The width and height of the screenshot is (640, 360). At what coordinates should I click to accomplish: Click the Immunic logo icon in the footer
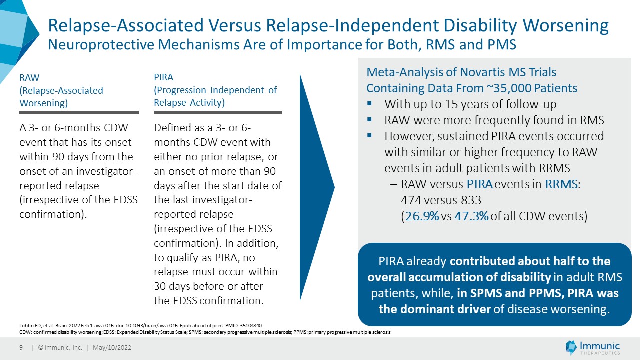point(571,347)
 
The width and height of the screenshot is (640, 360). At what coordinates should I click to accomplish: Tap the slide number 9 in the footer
point(21,347)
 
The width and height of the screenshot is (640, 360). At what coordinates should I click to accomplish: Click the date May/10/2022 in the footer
point(112,347)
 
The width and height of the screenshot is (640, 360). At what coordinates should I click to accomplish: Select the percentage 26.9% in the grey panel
point(422,216)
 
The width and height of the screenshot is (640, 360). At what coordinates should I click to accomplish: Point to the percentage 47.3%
point(471,216)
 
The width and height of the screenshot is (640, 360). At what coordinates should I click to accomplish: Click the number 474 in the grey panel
point(411,200)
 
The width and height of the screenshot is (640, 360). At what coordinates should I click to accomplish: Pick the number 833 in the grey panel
point(471,200)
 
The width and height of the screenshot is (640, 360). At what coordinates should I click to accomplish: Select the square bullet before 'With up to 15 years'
point(369,103)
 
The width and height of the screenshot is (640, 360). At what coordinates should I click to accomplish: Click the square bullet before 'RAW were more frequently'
point(369,119)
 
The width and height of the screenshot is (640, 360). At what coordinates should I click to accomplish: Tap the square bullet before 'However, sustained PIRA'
point(369,135)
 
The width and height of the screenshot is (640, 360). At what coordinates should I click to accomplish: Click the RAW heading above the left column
point(29,77)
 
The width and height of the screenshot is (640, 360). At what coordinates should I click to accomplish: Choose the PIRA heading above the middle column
point(163,77)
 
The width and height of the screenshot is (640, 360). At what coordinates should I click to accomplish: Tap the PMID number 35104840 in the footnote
point(250,325)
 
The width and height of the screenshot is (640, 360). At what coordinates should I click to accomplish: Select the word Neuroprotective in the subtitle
point(101,45)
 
